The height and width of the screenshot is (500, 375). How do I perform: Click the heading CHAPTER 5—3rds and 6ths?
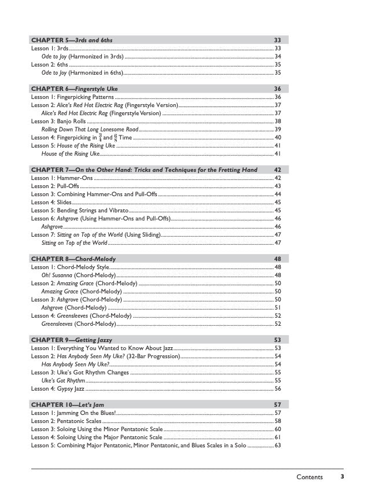(x=72, y=40)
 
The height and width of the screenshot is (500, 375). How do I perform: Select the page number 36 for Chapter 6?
(x=277, y=89)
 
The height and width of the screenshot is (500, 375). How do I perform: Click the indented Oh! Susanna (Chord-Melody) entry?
(x=78, y=275)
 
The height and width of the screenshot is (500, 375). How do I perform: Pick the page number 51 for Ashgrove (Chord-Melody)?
(x=278, y=308)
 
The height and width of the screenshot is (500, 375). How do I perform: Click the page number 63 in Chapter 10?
(x=278, y=461)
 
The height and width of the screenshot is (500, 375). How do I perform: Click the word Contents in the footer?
(x=309, y=477)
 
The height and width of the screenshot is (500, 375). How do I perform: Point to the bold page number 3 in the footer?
(x=343, y=477)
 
